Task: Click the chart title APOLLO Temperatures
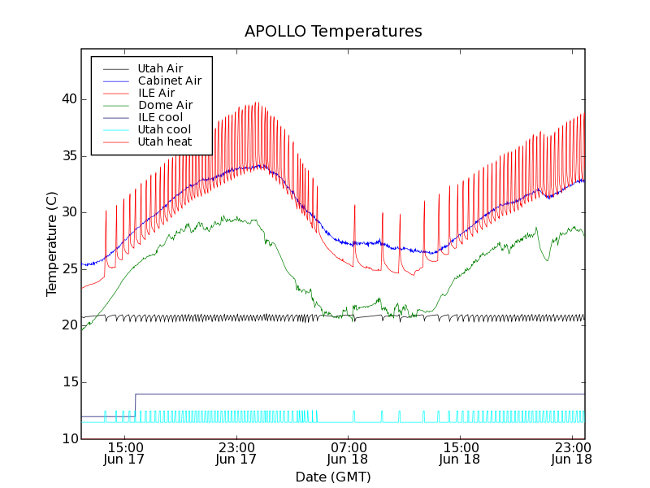click(333, 32)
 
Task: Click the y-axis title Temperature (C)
click(52, 244)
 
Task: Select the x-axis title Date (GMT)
click(333, 477)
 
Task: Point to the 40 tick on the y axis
click(67, 99)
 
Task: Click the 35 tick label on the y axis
click(67, 155)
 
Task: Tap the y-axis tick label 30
click(67, 212)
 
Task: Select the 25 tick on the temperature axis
click(67, 269)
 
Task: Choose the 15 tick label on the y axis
click(67, 382)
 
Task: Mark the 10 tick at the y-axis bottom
click(67, 439)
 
